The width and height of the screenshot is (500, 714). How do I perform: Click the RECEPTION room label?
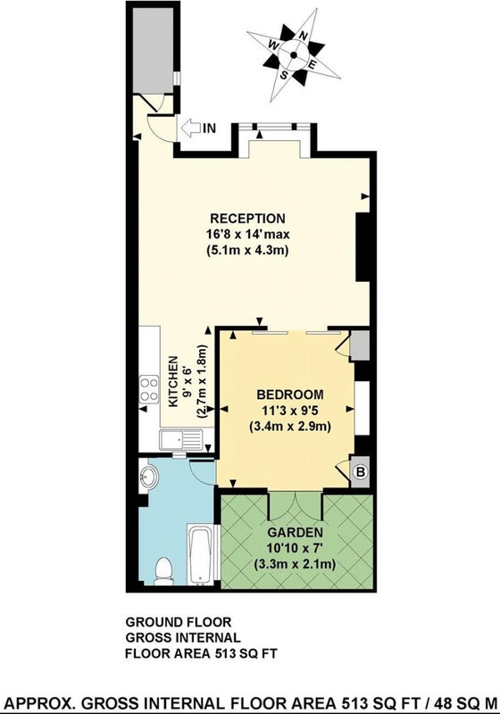pos(247,218)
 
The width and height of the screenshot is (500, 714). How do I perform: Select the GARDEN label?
pos(295,532)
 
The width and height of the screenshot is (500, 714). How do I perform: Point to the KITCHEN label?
pos(173,382)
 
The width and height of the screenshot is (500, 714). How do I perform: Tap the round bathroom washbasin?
pos(148,477)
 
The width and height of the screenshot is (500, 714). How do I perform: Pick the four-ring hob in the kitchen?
pos(148,389)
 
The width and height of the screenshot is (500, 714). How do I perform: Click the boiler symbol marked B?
pos(360,472)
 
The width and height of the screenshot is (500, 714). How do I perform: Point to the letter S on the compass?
pos(284,74)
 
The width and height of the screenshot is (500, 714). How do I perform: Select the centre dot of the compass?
pos(293,55)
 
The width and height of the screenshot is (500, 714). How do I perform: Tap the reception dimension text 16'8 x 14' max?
pos(247,234)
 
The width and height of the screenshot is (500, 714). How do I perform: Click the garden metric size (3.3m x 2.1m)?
pos(295,564)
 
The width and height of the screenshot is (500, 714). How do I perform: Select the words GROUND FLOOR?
pos(179,621)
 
